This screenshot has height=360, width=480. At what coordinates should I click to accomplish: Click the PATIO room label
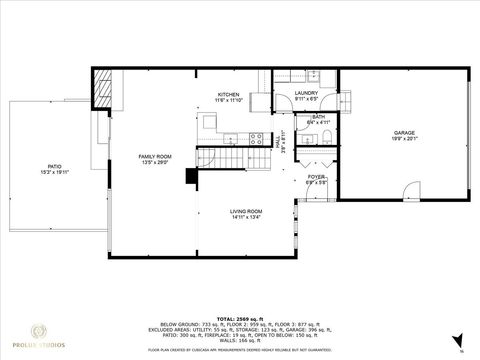click(54, 166)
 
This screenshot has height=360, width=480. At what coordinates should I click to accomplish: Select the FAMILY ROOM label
click(155, 156)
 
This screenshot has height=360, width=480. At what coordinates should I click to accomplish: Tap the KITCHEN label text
click(229, 95)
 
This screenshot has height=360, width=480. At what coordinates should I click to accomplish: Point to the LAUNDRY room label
click(306, 93)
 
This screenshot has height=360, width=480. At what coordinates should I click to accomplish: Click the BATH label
click(318, 117)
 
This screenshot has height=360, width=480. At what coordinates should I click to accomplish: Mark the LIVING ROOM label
click(246, 211)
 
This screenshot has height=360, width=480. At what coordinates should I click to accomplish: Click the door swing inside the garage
click(410, 190)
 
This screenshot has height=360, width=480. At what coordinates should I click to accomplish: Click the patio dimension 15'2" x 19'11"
click(54, 172)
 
